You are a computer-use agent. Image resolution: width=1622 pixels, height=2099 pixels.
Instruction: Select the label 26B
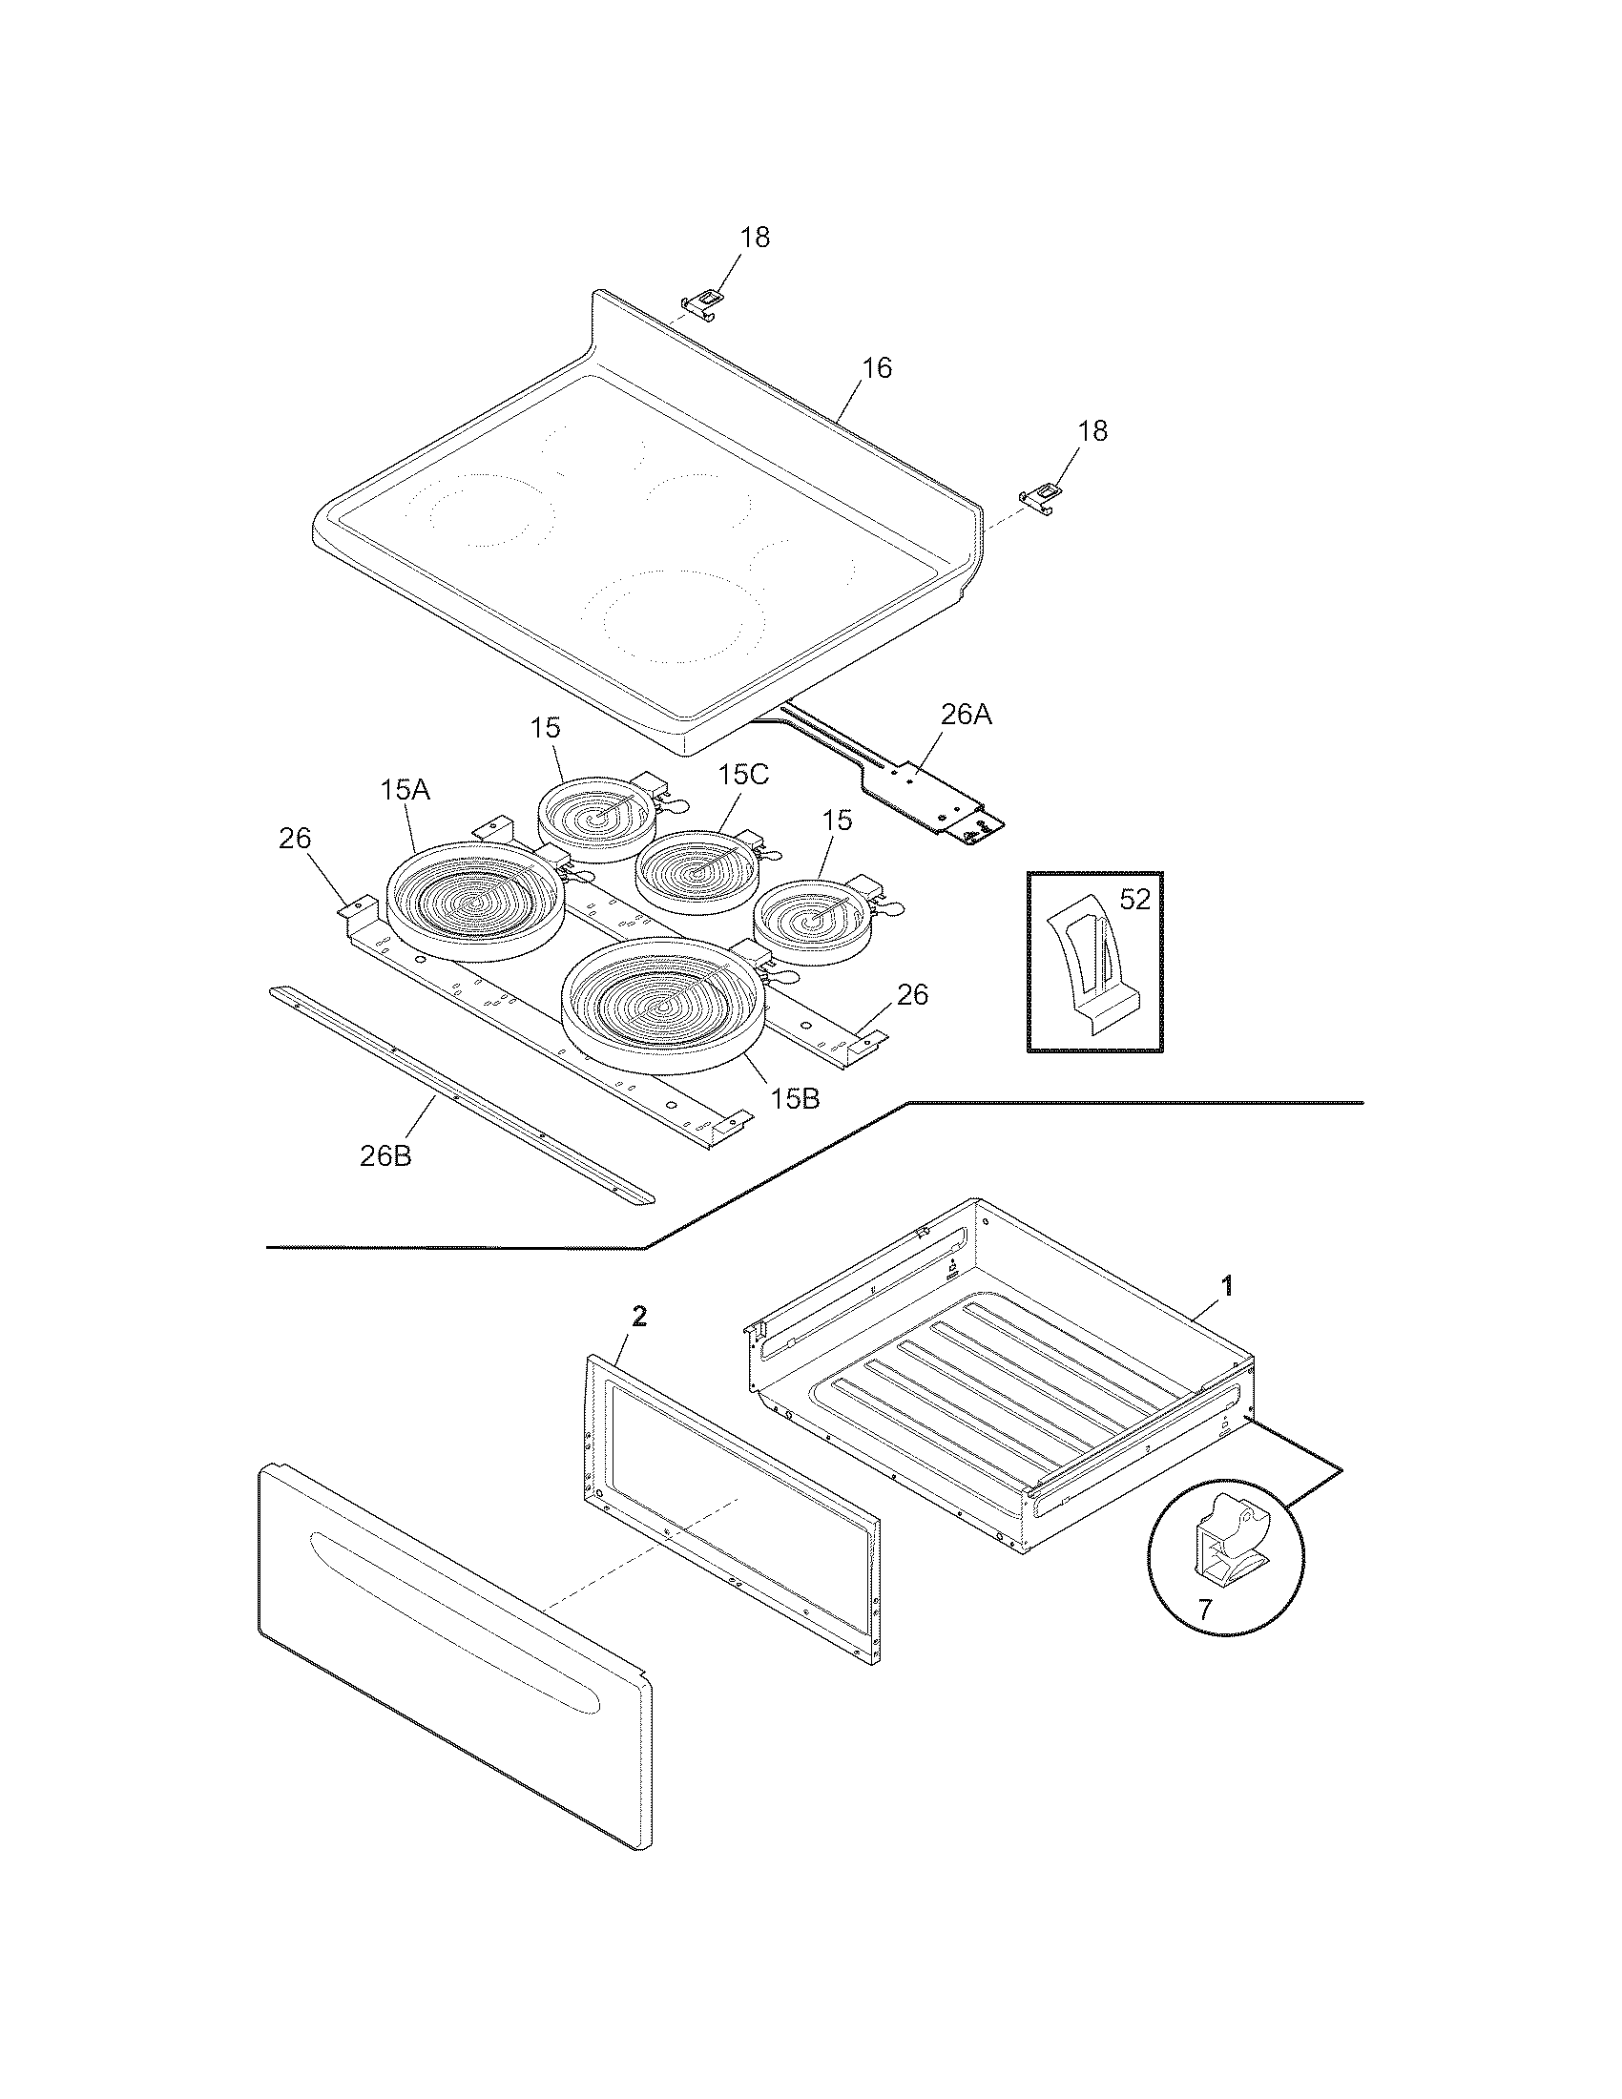(385, 1156)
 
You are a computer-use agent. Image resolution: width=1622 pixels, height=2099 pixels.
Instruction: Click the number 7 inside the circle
(1205, 1609)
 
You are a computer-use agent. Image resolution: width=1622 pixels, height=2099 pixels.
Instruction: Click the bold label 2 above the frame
(639, 1318)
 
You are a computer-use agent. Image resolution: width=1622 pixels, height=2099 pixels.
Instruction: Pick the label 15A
(405, 791)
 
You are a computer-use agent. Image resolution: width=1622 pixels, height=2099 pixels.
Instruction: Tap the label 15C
(744, 775)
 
